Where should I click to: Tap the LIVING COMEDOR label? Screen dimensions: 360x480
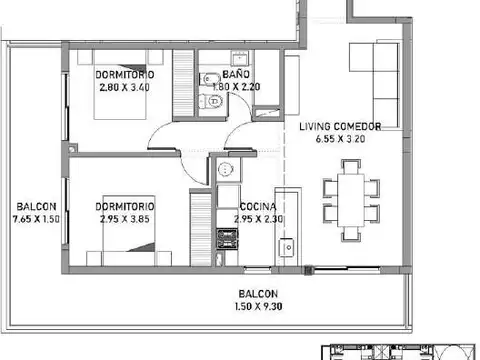point(339,128)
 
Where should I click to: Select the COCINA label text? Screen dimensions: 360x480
point(252,206)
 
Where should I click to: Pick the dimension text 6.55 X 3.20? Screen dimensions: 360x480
point(339,141)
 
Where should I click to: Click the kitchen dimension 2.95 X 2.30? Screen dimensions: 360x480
point(255,217)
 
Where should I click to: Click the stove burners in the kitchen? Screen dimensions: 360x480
point(225,240)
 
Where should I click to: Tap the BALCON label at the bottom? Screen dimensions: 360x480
point(257,293)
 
